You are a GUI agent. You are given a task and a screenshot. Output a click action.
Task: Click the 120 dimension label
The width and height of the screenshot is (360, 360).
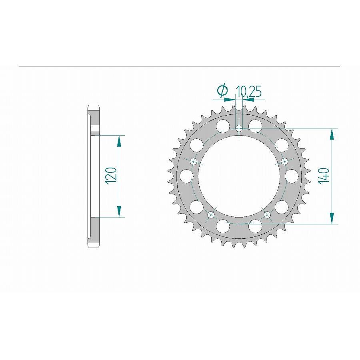pyautogui.click(x=112, y=176)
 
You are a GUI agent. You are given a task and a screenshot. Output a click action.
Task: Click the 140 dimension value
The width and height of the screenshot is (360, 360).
pyautogui.click(x=325, y=176)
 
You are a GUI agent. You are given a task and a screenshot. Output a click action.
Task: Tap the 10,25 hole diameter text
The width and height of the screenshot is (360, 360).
pyautogui.click(x=249, y=92)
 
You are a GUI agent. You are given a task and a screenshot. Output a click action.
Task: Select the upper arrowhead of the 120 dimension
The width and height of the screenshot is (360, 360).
pyautogui.click(x=119, y=140)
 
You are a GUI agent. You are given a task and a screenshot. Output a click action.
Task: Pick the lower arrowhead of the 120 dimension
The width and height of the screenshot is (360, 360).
pyautogui.click(x=119, y=212)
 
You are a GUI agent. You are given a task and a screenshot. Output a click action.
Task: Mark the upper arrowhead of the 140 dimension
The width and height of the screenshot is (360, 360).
pyautogui.click(x=332, y=134)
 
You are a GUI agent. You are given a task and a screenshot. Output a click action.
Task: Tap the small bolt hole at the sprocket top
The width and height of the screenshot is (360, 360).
pyautogui.click(x=239, y=128)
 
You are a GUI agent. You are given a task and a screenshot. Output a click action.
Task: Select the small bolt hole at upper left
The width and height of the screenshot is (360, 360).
pyautogui.click(x=194, y=161)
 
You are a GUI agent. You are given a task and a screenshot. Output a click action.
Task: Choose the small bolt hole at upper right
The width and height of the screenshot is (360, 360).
pyautogui.click(x=285, y=161)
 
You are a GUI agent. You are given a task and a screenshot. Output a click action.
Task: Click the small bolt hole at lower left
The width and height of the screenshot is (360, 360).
pyautogui.click(x=211, y=215)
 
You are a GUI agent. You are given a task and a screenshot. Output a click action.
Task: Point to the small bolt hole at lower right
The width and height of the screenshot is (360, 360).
pyautogui.click(x=267, y=215)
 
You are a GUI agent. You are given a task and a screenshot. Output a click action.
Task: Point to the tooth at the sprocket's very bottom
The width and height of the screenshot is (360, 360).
pyautogui.click(x=239, y=245)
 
